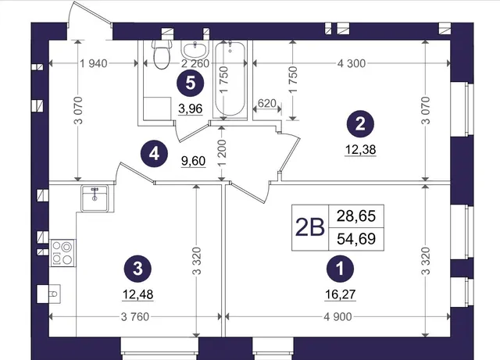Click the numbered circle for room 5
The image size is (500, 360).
[x=191, y=84]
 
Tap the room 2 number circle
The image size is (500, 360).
[x=360, y=124]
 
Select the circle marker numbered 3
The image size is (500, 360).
[x=137, y=269]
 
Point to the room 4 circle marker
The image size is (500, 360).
[x=155, y=155]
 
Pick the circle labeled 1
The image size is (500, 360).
[x=341, y=269]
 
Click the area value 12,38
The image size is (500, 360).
[x=360, y=149]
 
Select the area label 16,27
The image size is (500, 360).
[x=341, y=294]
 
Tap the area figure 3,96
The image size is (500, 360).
[x=191, y=109]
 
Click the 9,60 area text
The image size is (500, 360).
[x=193, y=161]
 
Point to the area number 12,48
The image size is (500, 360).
[x=137, y=294]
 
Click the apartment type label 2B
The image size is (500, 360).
[x=310, y=228]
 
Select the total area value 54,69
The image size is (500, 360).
[x=356, y=239]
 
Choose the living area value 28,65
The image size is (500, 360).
[x=356, y=216]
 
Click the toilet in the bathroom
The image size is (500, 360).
[x=162, y=54]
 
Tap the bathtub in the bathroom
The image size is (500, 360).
[x=230, y=79]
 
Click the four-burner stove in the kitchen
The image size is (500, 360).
[x=62, y=253]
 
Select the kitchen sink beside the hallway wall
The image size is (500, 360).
[x=95, y=198]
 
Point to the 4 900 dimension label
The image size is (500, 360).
[x=338, y=316]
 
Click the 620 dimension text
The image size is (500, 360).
[x=266, y=103]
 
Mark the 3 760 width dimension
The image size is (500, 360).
[x=135, y=316]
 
